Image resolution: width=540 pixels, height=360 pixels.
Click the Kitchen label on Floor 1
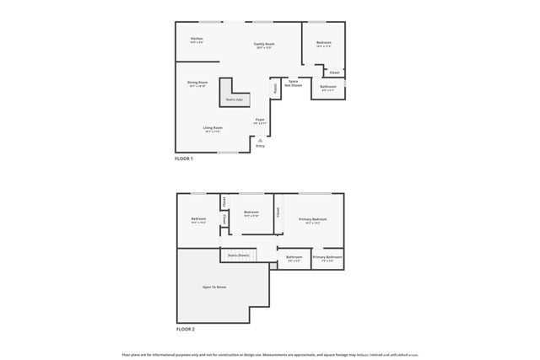[197, 40]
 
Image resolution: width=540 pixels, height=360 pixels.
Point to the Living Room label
[212, 129]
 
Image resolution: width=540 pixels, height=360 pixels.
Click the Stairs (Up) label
[233, 99]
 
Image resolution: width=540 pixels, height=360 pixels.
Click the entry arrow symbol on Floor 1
[260, 140]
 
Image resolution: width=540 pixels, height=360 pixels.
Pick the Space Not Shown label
[294, 83]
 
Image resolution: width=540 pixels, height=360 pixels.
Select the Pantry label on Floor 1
[275, 88]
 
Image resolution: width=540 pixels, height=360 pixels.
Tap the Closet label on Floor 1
[335, 73]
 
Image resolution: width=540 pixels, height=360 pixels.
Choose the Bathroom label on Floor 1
[328, 88]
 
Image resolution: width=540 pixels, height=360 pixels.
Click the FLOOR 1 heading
[184, 159]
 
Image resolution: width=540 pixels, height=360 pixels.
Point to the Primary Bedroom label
[312, 220]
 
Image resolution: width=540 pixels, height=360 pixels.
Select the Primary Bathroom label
[327, 258]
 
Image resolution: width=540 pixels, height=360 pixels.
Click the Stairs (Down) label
[238, 255]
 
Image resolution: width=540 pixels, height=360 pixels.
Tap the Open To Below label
[214, 287]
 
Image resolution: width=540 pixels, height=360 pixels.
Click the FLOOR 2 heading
[185, 328]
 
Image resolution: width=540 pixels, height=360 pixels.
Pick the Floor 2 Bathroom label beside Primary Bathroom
[294, 258]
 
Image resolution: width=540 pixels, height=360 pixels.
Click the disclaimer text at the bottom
[270, 355]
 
